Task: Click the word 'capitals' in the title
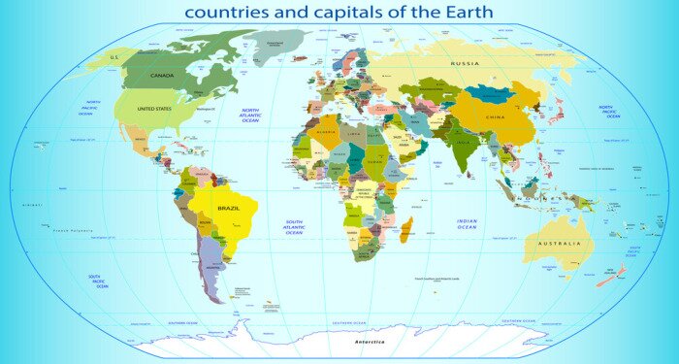[x=362, y=13]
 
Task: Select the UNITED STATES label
[x=154, y=109]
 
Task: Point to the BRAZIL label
[x=229, y=209]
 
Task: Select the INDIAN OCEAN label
[x=467, y=224]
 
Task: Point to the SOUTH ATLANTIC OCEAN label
[x=294, y=227]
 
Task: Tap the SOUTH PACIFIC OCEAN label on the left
[x=97, y=281]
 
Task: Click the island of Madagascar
[x=406, y=230]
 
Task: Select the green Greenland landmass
[x=275, y=44]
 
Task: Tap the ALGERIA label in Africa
[x=326, y=132]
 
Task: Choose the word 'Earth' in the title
[x=464, y=13]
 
